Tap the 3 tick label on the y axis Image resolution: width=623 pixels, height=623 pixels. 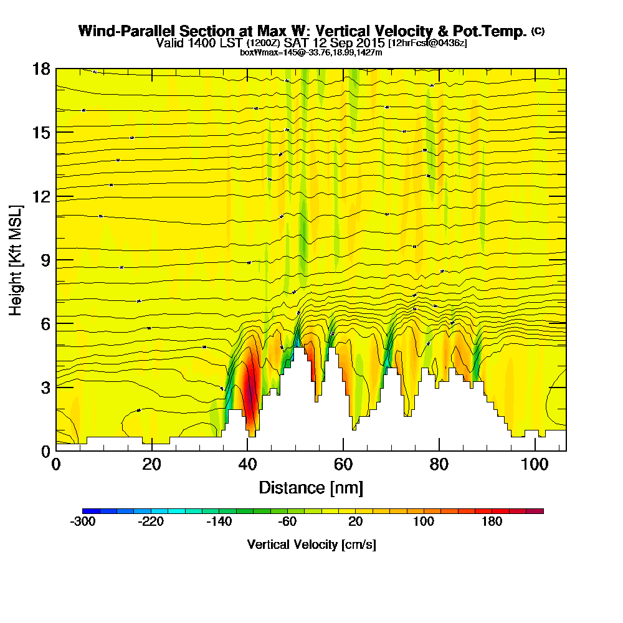45,387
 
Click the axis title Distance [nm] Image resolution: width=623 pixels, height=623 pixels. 311,487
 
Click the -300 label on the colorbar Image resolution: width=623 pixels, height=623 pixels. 83,522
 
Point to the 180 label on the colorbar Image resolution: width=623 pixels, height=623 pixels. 492,522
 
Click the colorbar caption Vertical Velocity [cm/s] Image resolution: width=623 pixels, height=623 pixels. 311,545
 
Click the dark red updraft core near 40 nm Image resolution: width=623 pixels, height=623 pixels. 250,392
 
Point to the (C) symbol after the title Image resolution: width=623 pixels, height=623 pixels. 538,31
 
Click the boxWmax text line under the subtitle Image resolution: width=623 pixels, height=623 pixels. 311,52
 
